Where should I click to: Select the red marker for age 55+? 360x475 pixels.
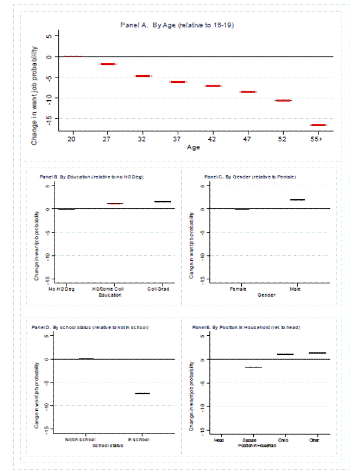coord(318,125)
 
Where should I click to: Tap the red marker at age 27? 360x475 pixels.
coord(108,64)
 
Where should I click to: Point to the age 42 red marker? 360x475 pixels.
coord(213,86)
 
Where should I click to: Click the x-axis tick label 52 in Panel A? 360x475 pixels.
coord(283,138)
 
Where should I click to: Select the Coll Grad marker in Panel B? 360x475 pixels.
coord(163,202)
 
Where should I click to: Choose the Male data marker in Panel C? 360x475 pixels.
coord(298,199)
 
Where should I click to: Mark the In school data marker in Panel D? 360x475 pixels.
coord(142,393)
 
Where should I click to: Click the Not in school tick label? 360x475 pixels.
coord(80,440)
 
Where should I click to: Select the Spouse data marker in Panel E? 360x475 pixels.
coord(253,367)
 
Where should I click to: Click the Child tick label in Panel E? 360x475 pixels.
coord(285,440)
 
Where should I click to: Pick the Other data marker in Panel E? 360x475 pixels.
coord(317,352)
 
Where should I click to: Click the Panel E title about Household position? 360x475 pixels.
coord(246,327)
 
